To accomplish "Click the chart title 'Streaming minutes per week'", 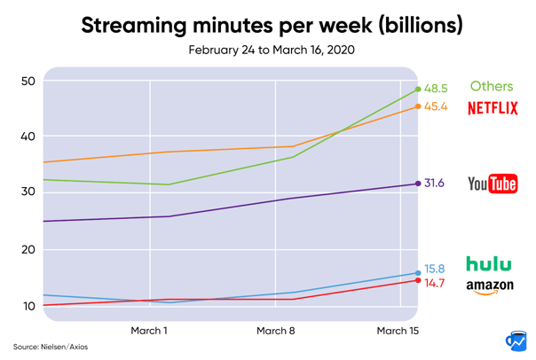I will click(271, 24).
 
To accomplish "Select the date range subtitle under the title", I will click(271, 50).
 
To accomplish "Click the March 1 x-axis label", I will click(149, 331).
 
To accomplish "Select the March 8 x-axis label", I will click(275, 331).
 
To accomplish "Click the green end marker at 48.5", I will click(418, 89).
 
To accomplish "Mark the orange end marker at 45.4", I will click(418, 106).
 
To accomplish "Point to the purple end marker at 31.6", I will click(418, 184).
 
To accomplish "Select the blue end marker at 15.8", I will click(418, 273).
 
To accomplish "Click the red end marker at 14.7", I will click(418, 280).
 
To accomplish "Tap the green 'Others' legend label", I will click(492, 87).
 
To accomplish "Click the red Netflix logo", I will click(493, 108).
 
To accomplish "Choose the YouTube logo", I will click(493, 184).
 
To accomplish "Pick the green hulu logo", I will click(489, 263).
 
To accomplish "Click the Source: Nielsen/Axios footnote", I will click(51, 346).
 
